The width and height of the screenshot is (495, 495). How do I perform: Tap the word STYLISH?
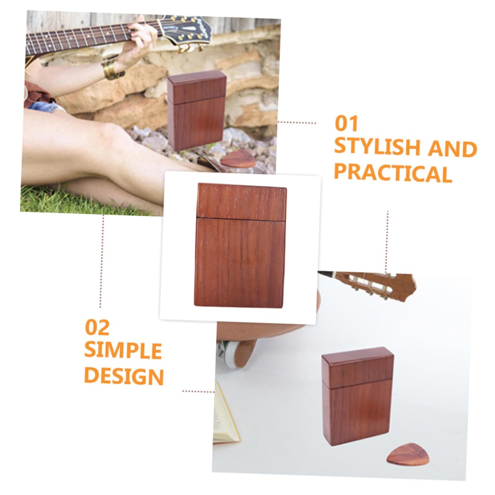377,147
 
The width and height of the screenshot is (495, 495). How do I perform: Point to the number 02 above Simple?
97,328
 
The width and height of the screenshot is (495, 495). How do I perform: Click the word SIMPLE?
123,351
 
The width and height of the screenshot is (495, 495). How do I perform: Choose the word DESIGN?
124,376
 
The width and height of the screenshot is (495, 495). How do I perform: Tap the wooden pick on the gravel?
238,160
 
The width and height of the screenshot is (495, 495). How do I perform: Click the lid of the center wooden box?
242,202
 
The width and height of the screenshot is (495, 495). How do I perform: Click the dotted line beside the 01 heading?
297,123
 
